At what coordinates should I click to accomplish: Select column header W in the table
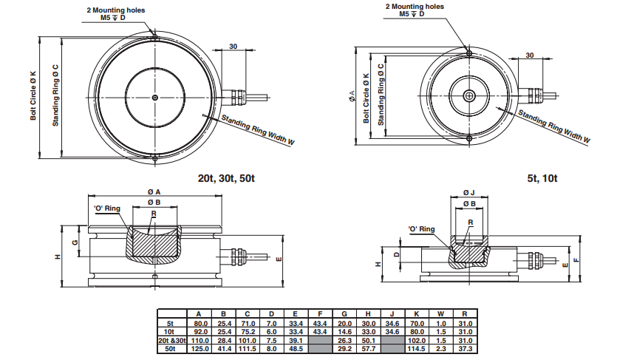[440, 314]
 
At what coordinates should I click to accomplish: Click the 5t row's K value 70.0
[416, 323]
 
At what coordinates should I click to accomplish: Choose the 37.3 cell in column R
[465, 347]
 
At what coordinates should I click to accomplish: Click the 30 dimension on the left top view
[233, 47]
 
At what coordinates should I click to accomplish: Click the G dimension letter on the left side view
[75, 242]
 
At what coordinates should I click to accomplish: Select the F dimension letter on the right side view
[576, 260]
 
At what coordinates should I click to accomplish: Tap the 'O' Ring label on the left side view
[108, 209]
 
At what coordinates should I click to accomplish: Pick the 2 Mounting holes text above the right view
[415, 6]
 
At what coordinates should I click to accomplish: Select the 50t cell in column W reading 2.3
[440, 347]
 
